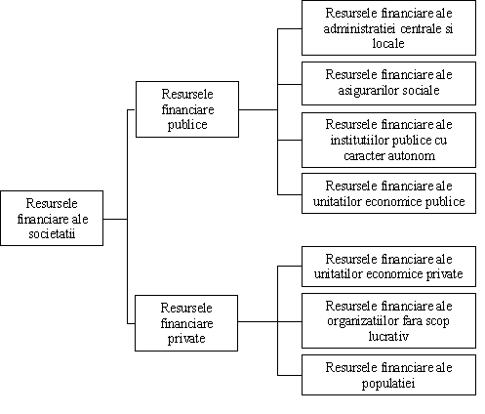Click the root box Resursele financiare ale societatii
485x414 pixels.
point(52,218)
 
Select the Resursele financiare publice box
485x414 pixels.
point(187,109)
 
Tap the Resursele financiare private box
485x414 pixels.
point(186,323)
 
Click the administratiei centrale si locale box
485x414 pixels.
point(388,27)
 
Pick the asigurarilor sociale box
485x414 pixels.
point(388,83)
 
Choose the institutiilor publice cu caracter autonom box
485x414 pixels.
point(388,140)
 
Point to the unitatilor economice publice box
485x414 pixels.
point(388,193)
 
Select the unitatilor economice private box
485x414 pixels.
point(388,267)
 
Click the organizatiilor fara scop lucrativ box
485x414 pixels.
point(388,320)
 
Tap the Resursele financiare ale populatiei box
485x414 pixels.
point(388,375)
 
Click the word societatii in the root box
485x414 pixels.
point(52,233)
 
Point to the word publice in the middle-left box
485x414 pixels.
point(187,125)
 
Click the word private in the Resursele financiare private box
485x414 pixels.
point(186,338)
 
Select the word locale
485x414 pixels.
point(388,43)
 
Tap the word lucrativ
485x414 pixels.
point(388,336)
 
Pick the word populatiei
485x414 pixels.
point(388,383)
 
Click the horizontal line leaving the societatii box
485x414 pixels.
point(115,219)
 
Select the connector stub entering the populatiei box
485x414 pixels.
point(290,375)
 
